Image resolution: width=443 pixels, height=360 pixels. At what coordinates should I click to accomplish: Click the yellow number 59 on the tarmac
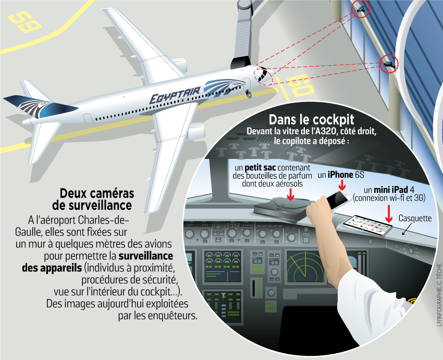coord(25,21)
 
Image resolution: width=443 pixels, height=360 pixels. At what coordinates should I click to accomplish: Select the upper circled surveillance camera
coord(361,9)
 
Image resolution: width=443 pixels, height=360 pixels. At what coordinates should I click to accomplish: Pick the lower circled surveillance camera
coord(389,64)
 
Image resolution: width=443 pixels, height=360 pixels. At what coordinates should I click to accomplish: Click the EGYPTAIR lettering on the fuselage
coord(175,95)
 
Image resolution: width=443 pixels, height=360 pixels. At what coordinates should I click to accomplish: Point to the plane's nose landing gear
coord(249,94)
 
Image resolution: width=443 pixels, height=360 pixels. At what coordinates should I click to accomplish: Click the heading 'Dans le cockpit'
coord(311,119)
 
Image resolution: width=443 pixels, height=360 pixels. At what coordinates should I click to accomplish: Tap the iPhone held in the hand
coord(338,200)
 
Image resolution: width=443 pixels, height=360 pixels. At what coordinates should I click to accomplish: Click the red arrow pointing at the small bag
coord(290,194)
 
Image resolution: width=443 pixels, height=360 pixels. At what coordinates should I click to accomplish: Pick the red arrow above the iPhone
coord(342,185)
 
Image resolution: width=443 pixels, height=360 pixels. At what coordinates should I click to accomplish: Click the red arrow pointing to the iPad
coord(389,214)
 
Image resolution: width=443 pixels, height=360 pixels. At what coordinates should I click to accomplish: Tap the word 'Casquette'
coord(415,218)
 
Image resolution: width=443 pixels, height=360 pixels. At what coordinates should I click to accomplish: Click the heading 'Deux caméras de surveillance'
coord(93,200)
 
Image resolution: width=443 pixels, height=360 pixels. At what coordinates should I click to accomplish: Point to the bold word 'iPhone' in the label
coord(340,175)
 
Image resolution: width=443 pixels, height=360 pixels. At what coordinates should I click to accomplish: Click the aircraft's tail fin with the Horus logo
coord(41,107)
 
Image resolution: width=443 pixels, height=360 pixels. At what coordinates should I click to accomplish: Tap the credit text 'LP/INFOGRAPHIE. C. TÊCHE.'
coord(439,294)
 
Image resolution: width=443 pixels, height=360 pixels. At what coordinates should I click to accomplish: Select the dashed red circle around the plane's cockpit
coord(263,76)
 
